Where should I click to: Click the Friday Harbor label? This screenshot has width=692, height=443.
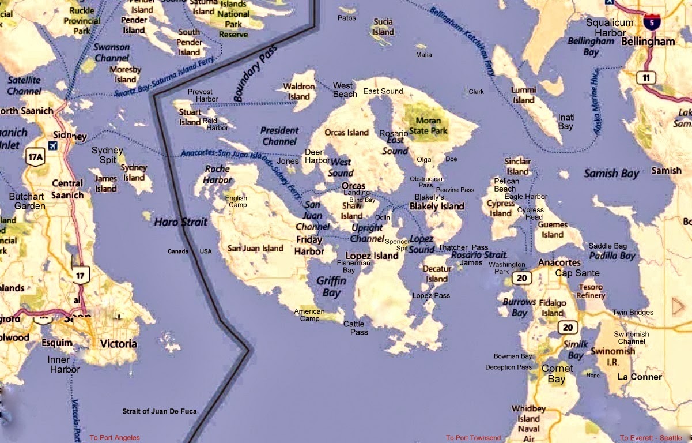point(309,245)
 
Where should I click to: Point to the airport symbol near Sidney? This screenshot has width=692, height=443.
point(53,145)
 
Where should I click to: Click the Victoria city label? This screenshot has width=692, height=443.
point(119,344)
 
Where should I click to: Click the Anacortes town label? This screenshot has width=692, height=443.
point(559,262)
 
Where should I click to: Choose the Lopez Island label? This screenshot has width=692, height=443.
point(372,256)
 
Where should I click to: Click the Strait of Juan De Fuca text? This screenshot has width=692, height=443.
point(159,411)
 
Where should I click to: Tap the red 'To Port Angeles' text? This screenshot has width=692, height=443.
point(115,438)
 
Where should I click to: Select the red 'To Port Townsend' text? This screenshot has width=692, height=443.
point(473,438)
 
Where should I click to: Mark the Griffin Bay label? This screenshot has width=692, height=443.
point(331,287)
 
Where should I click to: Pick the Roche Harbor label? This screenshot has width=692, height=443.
point(217,174)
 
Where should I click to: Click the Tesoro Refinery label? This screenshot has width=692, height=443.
point(591,291)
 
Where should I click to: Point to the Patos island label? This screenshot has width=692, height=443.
point(347,18)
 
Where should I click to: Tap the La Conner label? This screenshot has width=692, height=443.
point(640,377)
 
